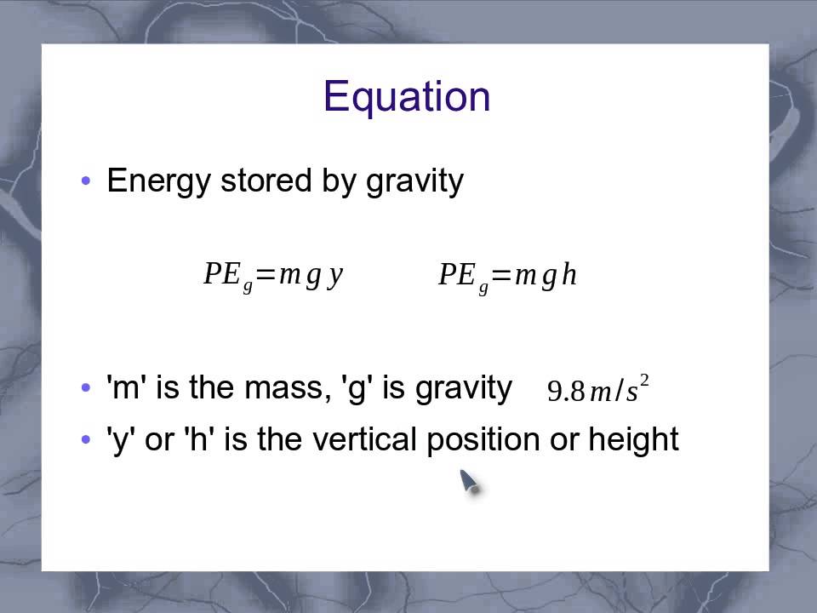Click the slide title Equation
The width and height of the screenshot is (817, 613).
407,97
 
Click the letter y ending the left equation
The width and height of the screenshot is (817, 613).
335,275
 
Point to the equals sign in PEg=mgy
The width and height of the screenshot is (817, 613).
266,275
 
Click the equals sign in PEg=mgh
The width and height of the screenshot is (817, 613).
500,275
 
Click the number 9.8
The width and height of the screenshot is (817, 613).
566,391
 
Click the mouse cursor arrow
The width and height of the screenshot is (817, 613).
469,482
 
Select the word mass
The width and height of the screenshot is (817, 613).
283,388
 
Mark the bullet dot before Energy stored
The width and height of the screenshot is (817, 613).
85,181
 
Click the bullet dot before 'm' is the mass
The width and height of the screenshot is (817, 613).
85,389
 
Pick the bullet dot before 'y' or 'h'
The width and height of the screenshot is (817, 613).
85,440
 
